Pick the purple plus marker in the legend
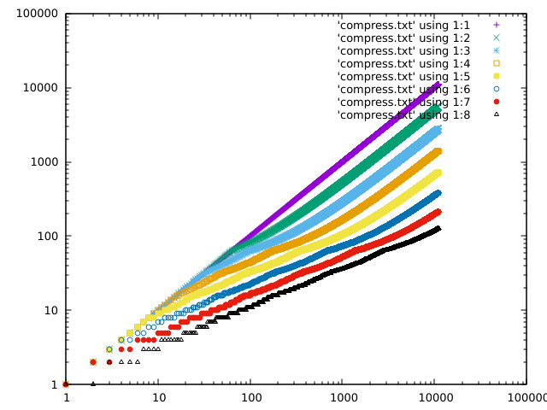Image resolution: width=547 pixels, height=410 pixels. (x=496, y=25)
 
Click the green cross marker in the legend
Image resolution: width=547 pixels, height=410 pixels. (x=496, y=38)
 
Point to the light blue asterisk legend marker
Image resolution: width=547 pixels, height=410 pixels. (x=496, y=50)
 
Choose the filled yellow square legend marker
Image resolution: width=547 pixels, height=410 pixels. (x=496, y=76)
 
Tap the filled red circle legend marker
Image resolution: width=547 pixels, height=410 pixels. (x=496, y=102)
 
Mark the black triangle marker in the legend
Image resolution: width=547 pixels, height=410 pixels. (x=496, y=114)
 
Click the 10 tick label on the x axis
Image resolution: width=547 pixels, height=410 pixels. (x=158, y=398)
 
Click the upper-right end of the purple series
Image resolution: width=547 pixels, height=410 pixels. (x=438, y=84)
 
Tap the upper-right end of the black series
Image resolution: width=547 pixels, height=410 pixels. (x=438, y=228)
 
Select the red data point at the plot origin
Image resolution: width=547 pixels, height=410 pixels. (x=66, y=384)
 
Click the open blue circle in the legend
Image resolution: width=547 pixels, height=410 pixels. (x=496, y=89)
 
